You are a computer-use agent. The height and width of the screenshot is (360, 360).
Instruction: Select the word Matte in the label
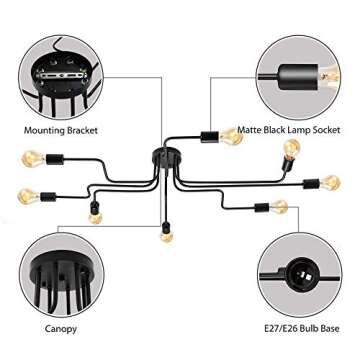(x=238, y=129)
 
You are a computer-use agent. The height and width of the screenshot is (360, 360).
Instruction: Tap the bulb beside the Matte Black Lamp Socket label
(x=225, y=133)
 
